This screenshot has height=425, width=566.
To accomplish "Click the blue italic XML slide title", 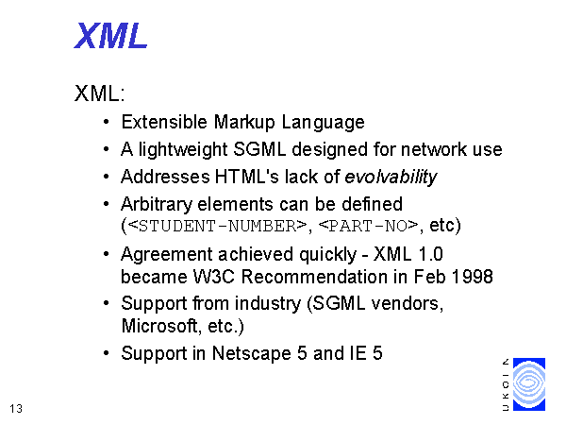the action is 110,36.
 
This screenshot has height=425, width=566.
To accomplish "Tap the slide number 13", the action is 16,409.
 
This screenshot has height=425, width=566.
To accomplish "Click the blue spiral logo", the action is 529,384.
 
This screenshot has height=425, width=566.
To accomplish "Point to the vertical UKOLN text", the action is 506,384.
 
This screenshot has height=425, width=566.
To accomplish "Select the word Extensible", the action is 164,122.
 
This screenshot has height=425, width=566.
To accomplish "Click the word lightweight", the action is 183,149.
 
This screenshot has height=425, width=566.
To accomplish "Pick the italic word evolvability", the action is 391,178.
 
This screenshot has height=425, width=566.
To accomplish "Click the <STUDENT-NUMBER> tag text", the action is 217,227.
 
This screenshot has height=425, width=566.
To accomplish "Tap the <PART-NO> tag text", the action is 368,227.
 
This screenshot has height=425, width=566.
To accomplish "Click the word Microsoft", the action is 159,326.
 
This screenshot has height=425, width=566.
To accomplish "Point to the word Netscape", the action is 251,353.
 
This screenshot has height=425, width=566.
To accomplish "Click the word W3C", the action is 214,277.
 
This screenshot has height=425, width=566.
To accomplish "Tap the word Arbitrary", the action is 157,205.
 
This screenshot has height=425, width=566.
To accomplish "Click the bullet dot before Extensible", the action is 106,122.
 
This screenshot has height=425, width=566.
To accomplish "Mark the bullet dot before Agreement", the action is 106,254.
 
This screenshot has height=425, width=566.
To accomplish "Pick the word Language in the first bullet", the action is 323,122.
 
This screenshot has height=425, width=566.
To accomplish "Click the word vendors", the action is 408,303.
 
